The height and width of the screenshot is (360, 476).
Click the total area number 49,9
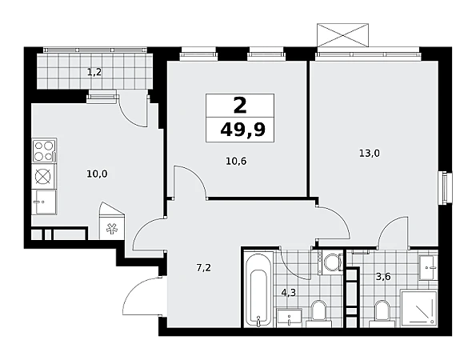coord(242,130)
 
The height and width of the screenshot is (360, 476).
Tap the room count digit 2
coord(240,106)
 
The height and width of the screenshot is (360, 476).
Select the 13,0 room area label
coord(370,154)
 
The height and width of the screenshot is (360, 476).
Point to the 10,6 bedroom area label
coord(236,161)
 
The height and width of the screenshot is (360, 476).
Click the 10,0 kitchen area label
coord(97,174)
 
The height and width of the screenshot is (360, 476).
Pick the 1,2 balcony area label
coord(94,72)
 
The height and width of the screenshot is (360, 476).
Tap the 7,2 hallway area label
coord(204,268)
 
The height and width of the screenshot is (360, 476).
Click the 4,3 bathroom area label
coord(288,293)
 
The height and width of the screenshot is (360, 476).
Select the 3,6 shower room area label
coord(383,277)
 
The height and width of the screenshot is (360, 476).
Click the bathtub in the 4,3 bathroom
coord(258,290)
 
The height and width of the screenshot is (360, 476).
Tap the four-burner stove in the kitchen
coord(44,151)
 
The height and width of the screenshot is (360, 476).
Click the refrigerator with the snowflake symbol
coord(112,224)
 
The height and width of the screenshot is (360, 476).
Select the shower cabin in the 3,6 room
coord(419,309)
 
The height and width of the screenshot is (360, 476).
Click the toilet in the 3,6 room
coord(382,314)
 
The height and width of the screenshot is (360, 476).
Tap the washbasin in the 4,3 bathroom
coord(289,318)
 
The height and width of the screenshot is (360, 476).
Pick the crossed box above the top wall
coord(342,35)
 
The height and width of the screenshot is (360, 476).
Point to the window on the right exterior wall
coord(445,188)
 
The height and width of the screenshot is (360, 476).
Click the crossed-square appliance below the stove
coord(44,176)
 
